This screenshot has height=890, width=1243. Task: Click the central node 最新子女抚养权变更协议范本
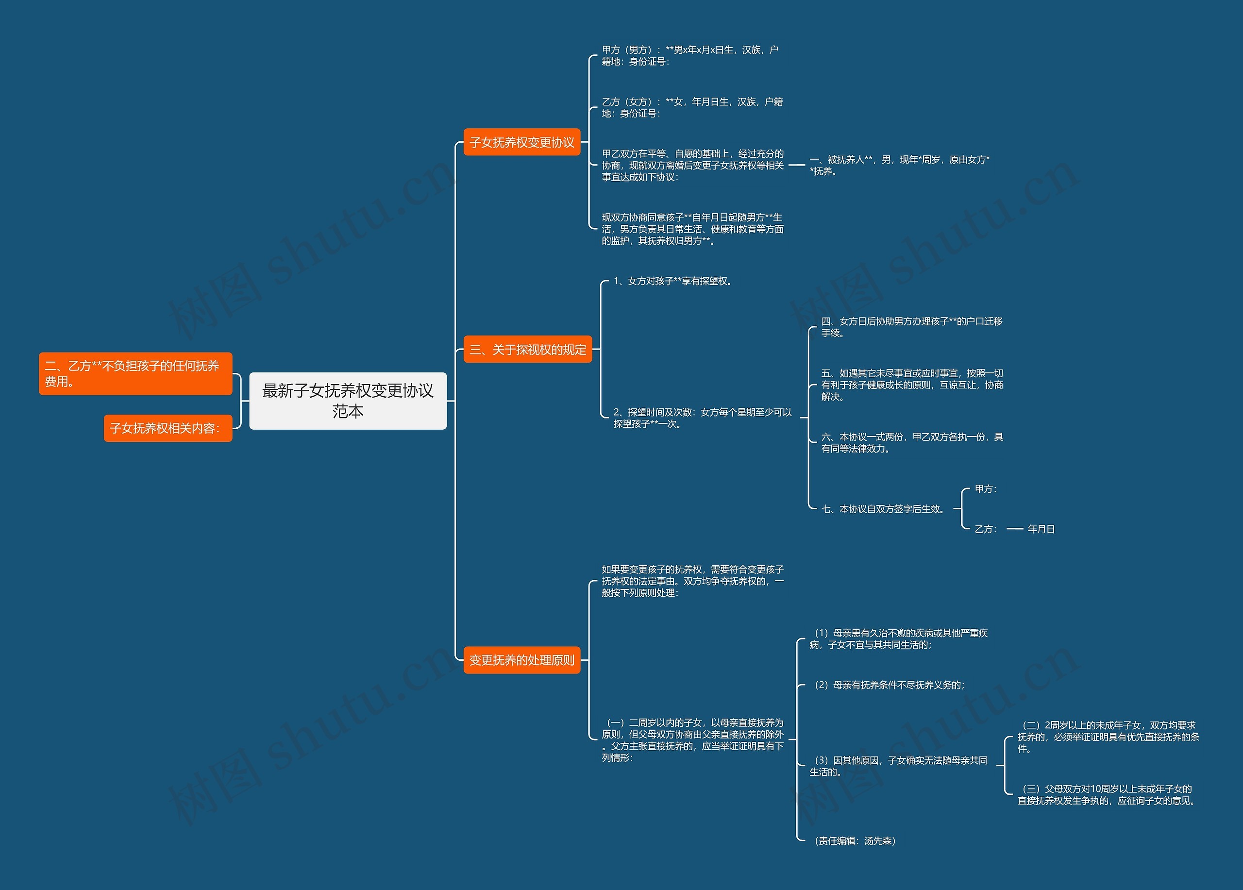(x=348, y=401)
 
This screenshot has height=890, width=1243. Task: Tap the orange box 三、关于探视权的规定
(x=527, y=349)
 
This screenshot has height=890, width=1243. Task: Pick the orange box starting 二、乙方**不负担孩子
(x=135, y=373)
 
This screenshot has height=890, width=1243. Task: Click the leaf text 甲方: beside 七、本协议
(x=985, y=489)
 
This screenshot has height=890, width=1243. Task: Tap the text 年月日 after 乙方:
(x=1041, y=529)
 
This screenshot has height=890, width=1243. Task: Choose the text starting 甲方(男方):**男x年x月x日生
(x=689, y=55)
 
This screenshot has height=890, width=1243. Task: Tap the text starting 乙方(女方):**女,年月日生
(x=691, y=107)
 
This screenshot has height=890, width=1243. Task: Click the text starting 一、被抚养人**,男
(x=899, y=165)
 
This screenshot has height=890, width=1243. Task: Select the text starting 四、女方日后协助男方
(x=911, y=327)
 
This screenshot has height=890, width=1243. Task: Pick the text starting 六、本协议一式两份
(x=912, y=442)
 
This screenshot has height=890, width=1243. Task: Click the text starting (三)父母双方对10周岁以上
(x=1106, y=795)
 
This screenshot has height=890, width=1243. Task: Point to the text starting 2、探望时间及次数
(x=702, y=418)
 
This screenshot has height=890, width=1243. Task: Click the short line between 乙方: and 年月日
(x=1015, y=529)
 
